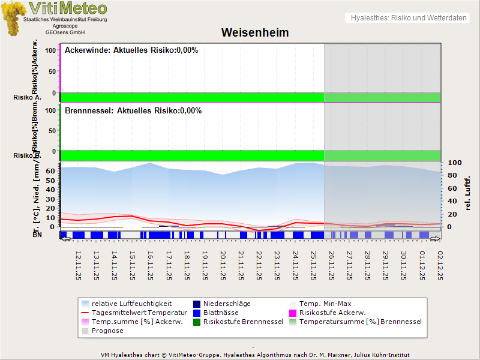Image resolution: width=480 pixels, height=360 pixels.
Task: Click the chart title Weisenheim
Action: (255, 33)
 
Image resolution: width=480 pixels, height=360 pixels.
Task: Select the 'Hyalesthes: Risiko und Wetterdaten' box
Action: (408, 18)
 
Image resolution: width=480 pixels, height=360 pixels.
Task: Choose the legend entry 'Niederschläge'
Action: (227, 304)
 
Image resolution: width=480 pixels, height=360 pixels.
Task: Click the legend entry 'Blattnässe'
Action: (221, 313)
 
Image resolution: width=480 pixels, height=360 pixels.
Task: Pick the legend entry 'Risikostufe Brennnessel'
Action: (243, 322)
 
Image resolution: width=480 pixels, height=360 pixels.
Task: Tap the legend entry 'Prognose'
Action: (107, 331)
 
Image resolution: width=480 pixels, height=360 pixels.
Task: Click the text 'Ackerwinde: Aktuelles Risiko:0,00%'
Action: (131, 50)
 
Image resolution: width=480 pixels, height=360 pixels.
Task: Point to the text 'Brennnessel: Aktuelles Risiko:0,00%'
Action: (133, 110)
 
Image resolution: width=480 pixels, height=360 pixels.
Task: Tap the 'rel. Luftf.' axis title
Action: (468, 192)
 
